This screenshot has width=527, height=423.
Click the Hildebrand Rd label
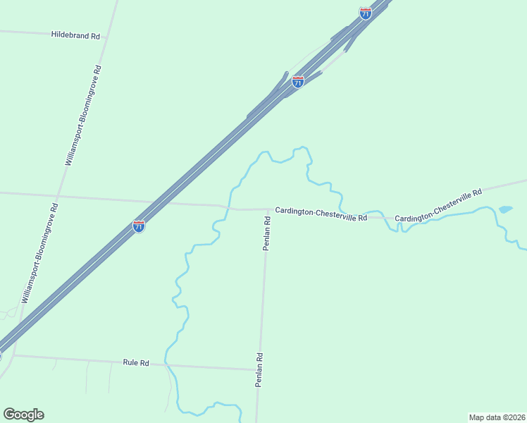tap(75, 35)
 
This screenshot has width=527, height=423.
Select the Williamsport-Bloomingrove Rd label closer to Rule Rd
tap(39, 253)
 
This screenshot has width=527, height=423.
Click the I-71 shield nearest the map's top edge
tap(365, 13)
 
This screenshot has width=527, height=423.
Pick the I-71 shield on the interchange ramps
tap(298, 82)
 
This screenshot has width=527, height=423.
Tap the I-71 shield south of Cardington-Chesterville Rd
tap(139, 226)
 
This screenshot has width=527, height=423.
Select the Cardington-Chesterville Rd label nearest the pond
tap(438, 205)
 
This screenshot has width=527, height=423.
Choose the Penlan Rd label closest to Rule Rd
tap(259, 369)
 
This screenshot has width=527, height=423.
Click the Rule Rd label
tap(136, 362)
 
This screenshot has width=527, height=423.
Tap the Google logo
tap(24, 414)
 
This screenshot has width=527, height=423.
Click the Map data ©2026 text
tap(497, 417)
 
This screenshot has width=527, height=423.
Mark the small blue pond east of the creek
tap(505, 209)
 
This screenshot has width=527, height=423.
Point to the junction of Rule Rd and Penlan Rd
tap(258, 369)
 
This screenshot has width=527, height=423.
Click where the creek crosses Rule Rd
tap(166, 364)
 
